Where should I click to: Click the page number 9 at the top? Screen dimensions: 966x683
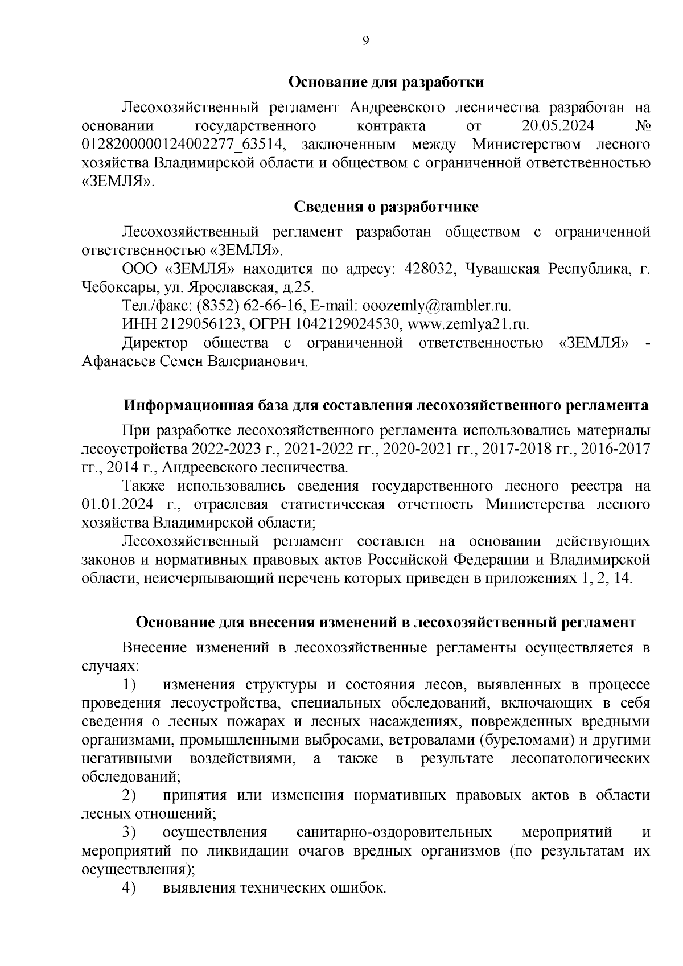pos(365,40)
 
